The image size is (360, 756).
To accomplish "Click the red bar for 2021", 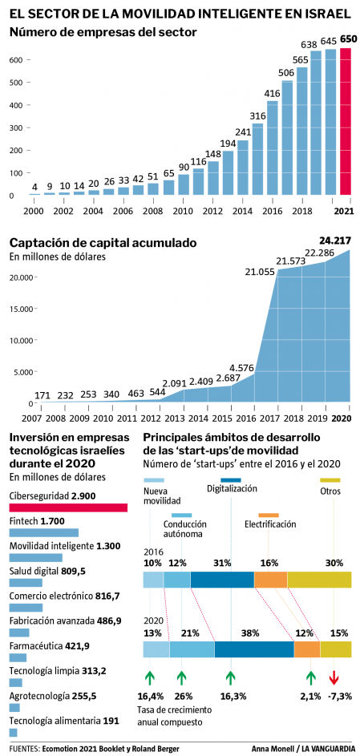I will (345, 121).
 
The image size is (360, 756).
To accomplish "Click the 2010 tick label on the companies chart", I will (184, 211).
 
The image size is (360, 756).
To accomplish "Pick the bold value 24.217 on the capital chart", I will (335, 240).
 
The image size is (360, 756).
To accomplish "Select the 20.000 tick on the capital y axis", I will (21, 277).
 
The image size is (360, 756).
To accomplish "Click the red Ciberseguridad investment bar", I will (68, 507).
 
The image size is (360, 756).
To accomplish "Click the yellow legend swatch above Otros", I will (330, 479).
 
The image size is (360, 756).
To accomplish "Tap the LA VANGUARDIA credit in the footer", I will (326, 749).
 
